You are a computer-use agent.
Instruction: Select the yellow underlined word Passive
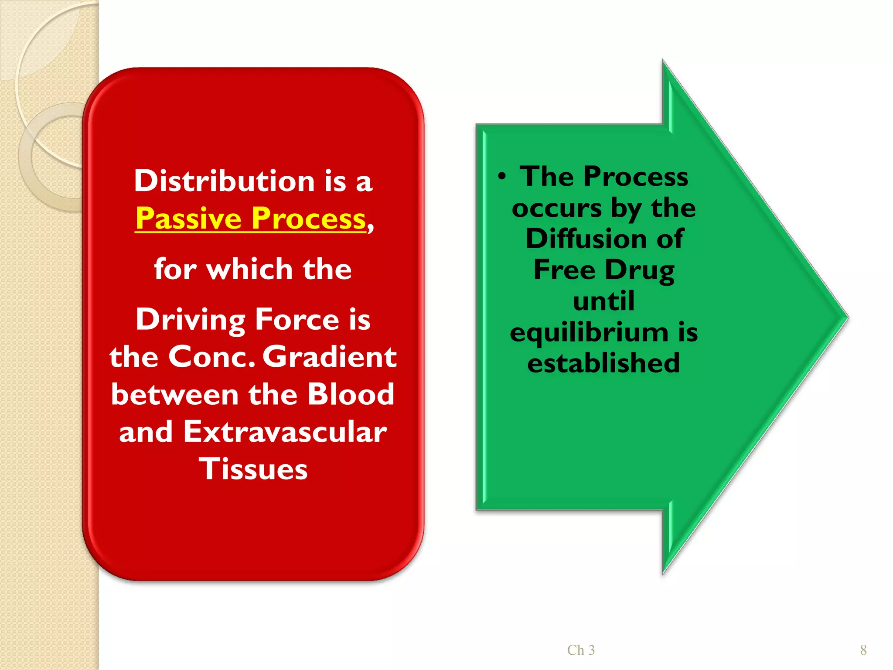(x=188, y=218)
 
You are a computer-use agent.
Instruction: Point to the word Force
(x=297, y=319)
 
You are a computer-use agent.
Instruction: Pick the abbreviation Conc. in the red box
(x=211, y=357)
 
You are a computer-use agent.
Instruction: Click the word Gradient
(x=330, y=357)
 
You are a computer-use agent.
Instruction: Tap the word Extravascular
(x=285, y=432)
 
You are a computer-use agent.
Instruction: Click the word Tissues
(x=253, y=469)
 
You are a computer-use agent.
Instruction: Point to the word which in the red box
(x=249, y=269)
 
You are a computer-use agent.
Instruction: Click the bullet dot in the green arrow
(x=502, y=177)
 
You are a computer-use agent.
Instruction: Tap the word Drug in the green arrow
(x=640, y=270)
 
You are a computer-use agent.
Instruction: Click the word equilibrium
(x=589, y=332)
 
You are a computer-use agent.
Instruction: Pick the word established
(x=603, y=363)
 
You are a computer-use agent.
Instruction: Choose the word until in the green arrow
(x=603, y=301)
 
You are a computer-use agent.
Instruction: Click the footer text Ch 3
(x=581, y=650)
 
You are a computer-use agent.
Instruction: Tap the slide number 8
(x=863, y=650)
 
